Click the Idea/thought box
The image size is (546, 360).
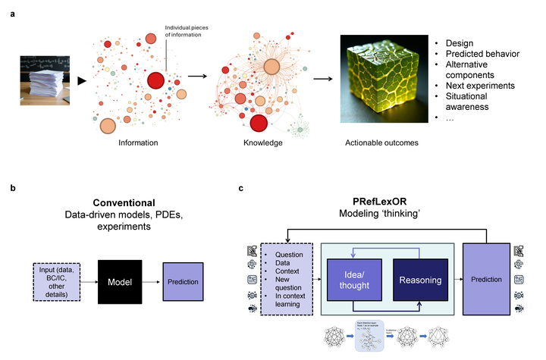(x=351, y=280)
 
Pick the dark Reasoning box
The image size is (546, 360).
(x=420, y=280)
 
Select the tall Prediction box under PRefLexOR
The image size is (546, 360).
(x=486, y=280)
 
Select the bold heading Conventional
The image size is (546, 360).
(x=124, y=203)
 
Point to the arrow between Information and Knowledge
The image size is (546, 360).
(x=196, y=76)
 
